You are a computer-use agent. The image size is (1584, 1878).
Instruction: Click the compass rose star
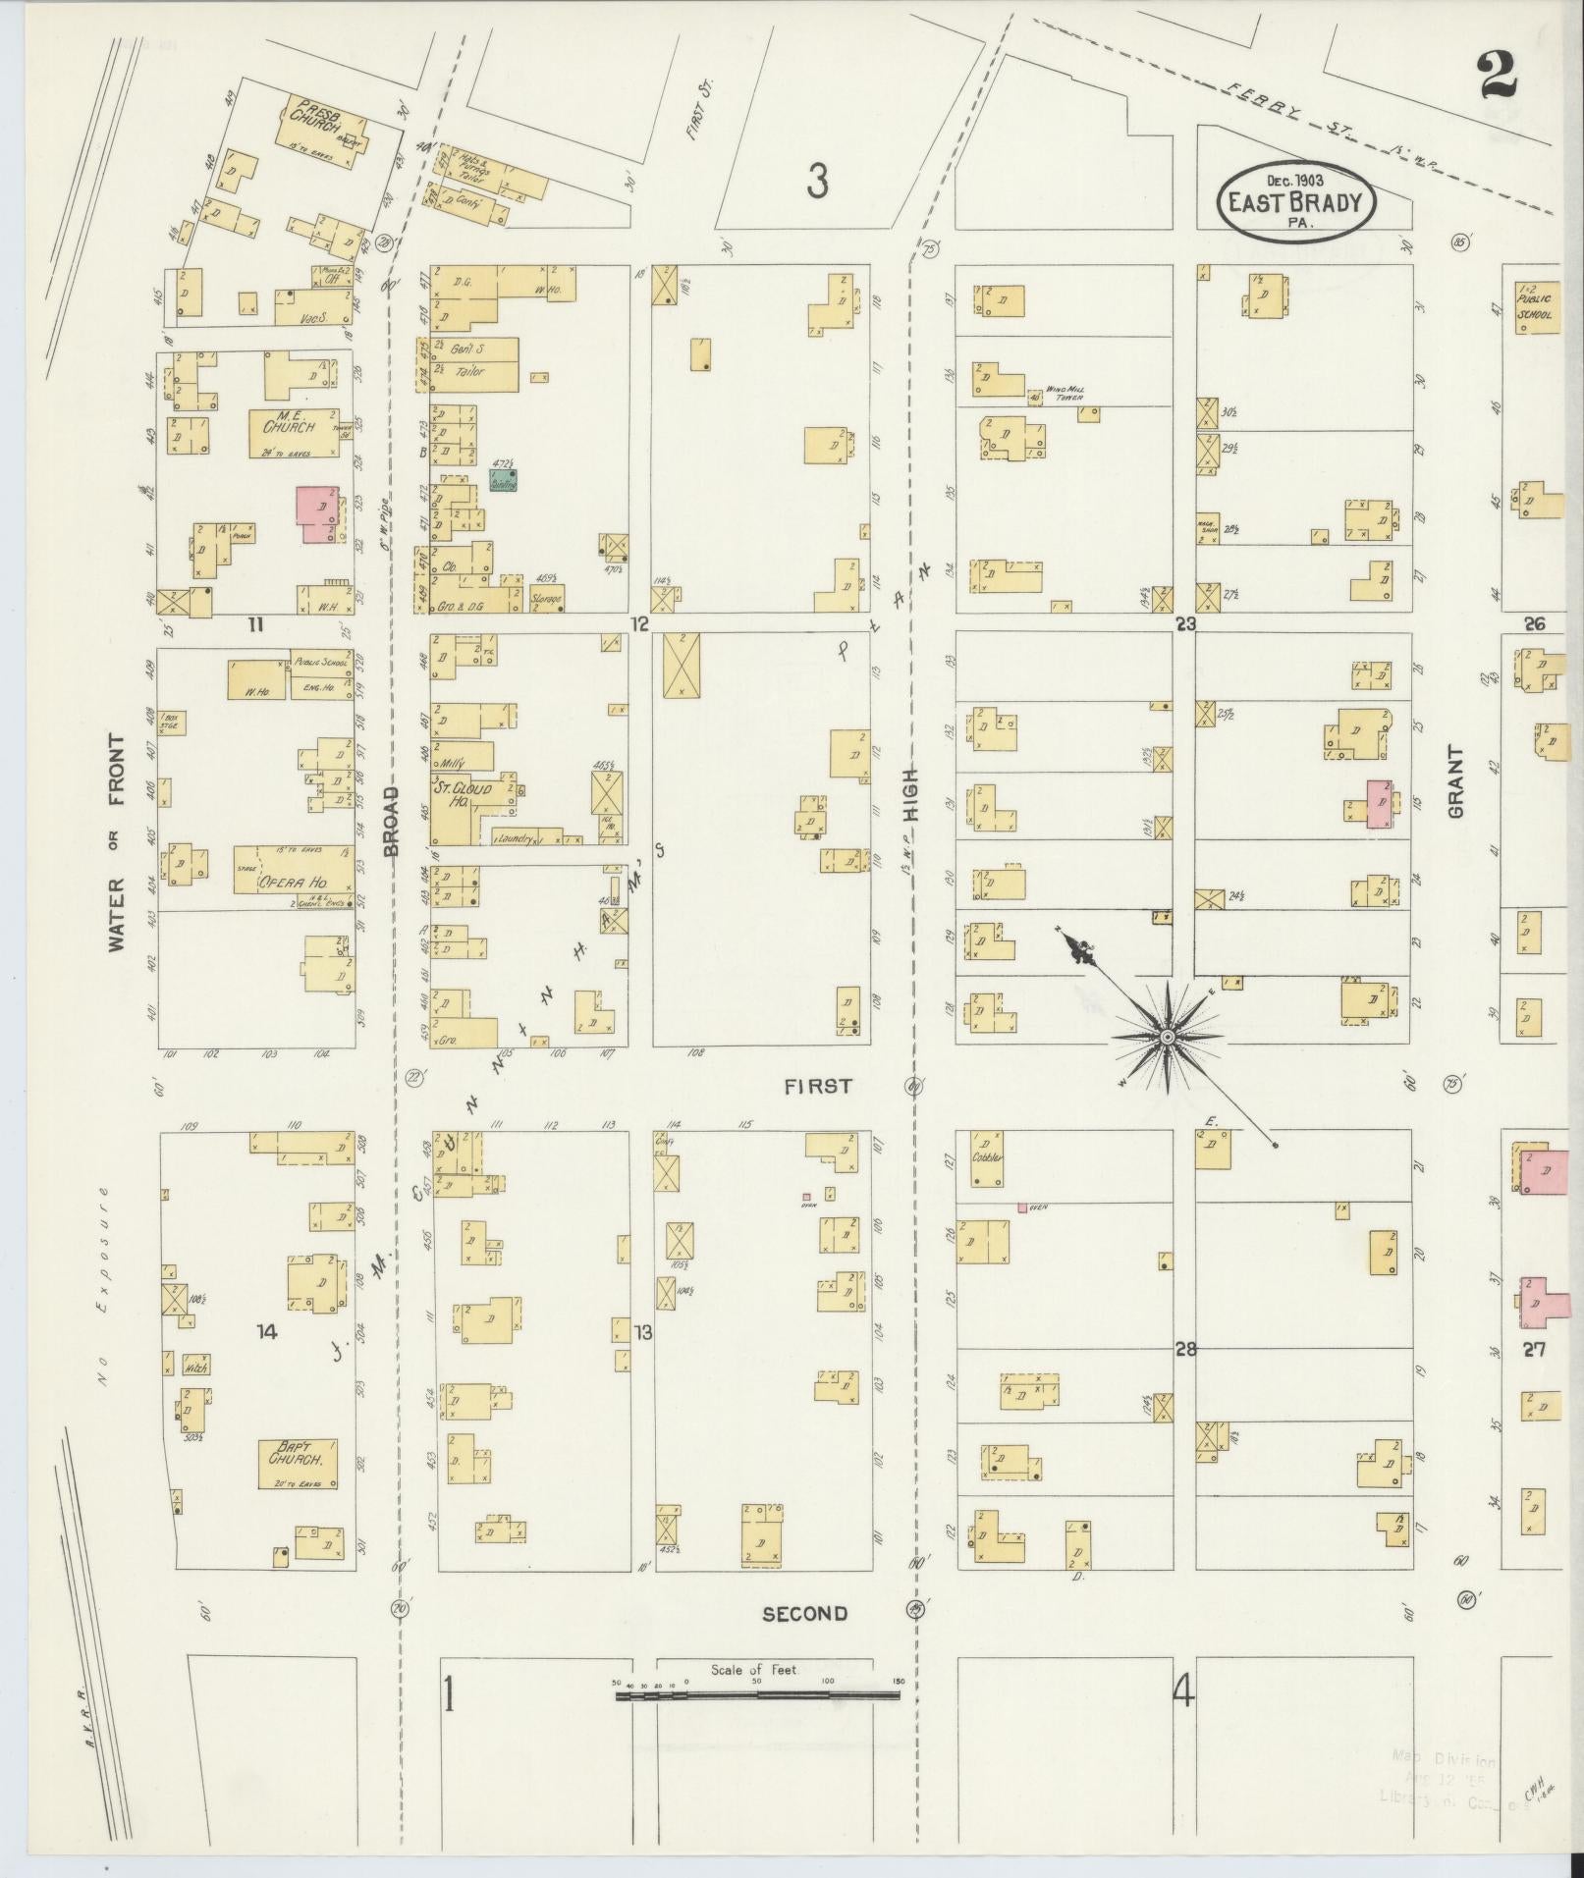coord(1167,1037)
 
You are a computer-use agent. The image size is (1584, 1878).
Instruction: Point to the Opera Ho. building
coord(293,870)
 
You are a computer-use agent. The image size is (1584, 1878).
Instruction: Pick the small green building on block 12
coord(504,480)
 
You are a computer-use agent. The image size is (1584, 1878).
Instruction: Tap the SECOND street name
coord(804,1613)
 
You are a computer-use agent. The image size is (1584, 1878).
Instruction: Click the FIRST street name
coord(817,1086)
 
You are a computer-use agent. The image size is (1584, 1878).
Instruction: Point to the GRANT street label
coord(1454,782)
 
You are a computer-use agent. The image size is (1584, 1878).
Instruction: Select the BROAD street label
coord(392,821)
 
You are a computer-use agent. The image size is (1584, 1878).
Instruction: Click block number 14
coord(266,1331)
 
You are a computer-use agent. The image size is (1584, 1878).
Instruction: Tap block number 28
coord(1185,1349)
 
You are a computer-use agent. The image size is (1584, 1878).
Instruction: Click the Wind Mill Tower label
coord(1063,393)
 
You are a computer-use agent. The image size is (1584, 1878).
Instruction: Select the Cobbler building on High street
coord(986,1160)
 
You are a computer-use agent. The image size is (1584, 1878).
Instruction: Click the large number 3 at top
coord(818,182)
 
